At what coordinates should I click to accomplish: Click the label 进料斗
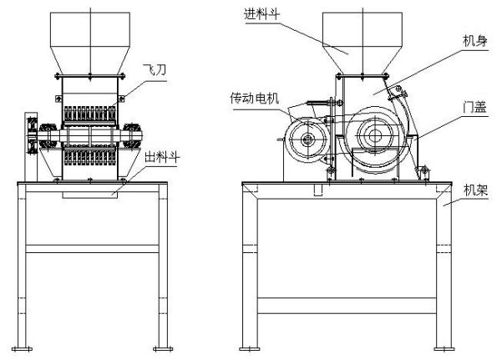pos(261,14)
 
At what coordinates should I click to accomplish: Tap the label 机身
pos(474,41)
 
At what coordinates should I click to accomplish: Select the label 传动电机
pos(255,99)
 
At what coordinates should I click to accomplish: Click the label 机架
pos(475,190)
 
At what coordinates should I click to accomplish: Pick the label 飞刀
pos(155,69)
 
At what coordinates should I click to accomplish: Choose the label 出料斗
pos(162,157)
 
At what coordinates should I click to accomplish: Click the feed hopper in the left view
pos(90,43)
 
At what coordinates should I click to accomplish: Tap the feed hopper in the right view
pos(363,43)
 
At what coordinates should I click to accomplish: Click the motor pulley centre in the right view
pos(307,139)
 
